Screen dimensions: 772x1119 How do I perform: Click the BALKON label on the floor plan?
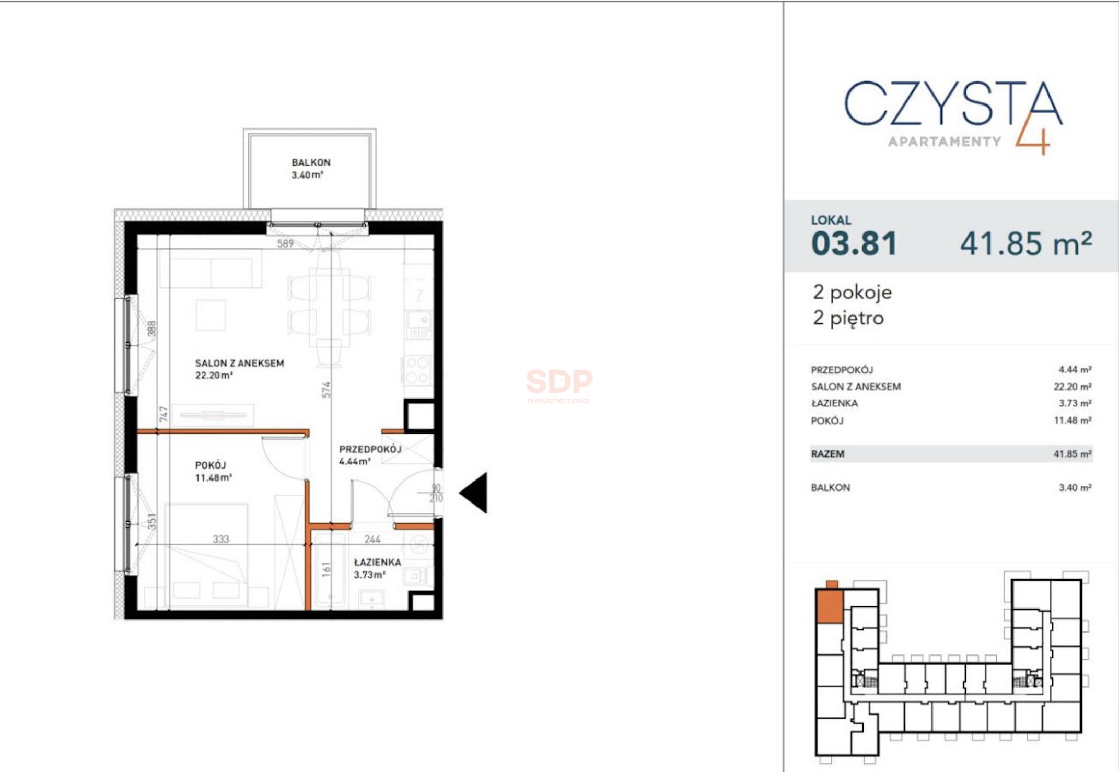pos(311,163)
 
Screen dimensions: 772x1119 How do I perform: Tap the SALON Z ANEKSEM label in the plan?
pos(239,364)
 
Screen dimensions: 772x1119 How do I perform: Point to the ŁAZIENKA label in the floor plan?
pos(377,563)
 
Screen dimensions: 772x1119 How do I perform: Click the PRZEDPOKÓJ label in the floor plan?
pos(370,449)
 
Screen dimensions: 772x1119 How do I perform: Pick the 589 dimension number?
pos(285,243)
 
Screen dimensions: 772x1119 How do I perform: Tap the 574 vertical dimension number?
pos(326,390)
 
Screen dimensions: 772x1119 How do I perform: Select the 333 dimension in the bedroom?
pos(220,539)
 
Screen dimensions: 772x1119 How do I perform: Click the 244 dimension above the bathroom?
pos(372,539)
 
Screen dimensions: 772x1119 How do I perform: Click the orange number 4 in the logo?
pos(1033,135)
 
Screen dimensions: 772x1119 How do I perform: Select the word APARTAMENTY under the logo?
pos(945,142)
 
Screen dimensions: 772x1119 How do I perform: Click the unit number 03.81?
pos(854,243)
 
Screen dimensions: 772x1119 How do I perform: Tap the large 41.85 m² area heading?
pos(1025,243)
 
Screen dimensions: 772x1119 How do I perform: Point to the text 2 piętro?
pos(848,318)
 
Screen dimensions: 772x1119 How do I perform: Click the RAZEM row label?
pos(827,454)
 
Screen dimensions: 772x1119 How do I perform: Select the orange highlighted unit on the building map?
pos(830,606)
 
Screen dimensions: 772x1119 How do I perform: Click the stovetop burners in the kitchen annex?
pos(417,370)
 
